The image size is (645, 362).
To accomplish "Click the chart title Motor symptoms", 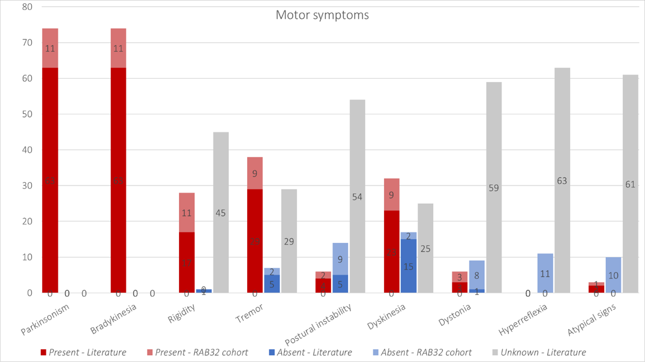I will [x=322, y=15].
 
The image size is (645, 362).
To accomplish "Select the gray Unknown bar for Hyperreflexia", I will [x=562, y=143].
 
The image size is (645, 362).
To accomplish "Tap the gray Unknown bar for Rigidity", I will [x=221, y=166].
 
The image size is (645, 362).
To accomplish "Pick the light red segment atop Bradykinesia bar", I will [x=118, y=48].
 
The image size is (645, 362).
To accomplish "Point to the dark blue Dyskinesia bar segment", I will [x=408, y=266].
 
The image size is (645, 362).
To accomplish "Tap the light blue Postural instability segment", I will [x=340, y=259].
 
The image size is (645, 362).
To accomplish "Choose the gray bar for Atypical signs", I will [x=630, y=143].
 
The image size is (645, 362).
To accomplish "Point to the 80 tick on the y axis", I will [x=27, y=7].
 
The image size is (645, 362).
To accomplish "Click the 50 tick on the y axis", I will [x=27, y=114].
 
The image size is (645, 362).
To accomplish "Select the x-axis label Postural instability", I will [x=318, y=325].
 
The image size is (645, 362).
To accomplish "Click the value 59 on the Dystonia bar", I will [x=494, y=188].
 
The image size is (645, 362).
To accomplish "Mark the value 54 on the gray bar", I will [x=357, y=197].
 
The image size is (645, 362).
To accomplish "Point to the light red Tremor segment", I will [x=255, y=173].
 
